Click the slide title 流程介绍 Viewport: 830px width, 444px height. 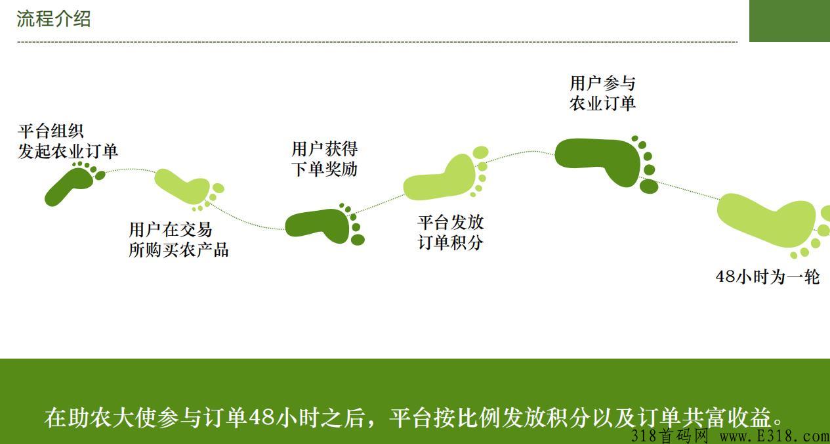54,19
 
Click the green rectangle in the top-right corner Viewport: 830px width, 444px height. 789,21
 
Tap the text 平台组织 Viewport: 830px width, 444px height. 51,131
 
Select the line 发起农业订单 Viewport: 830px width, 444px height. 68,151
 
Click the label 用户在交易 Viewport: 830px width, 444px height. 171,230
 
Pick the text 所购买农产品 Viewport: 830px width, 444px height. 178,250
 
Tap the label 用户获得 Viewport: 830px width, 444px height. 325,149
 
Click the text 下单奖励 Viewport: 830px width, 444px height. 325,169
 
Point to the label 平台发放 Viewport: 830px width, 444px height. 451,223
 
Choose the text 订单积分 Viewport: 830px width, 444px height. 451,242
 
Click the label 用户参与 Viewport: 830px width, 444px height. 602,83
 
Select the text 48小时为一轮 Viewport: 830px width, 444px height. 768,277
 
